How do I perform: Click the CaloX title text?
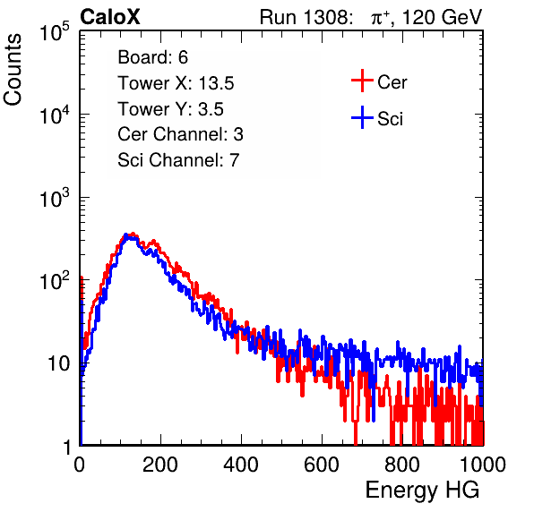point(109,17)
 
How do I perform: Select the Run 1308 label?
point(305,17)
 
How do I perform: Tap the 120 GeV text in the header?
point(443,17)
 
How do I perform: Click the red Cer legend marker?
point(362,81)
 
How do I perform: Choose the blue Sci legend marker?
point(362,118)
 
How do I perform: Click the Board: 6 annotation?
point(152,57)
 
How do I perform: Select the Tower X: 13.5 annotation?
point(176,83)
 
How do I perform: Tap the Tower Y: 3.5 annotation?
point(170,109)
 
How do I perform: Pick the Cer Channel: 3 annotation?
point(180,134)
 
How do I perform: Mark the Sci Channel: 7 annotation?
point(178,160)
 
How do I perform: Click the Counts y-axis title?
point(13,70)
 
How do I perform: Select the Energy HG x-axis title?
point(422,491)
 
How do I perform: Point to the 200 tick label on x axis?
point(160,465)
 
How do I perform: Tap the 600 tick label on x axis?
point(322,465)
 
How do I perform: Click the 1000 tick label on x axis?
point(483,465)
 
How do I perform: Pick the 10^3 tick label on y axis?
point(55,198)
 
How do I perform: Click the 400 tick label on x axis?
point(241,465)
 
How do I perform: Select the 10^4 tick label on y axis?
point(55,115)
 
